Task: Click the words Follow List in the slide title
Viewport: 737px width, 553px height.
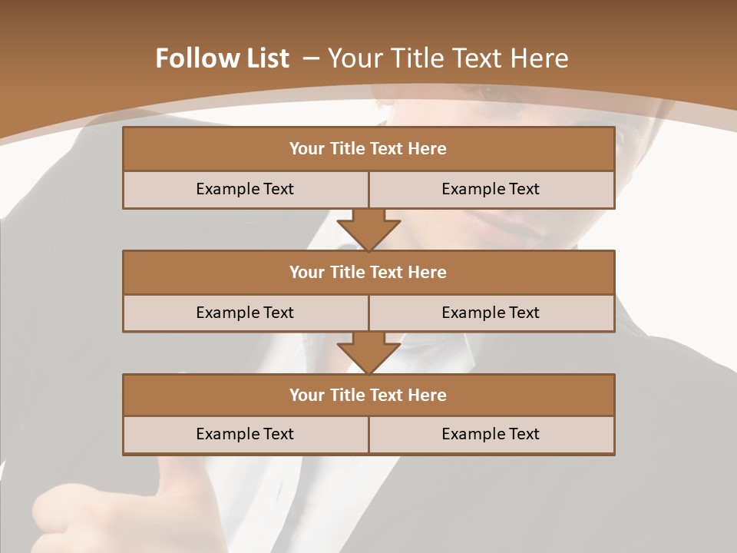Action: (x=223, y=58)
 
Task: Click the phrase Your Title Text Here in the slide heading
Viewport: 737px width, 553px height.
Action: (x=448, y=58)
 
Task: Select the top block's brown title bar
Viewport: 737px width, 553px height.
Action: (x=368, y=149)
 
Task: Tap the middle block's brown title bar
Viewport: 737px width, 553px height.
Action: (x=368, y=272)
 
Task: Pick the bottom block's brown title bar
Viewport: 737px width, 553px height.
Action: (x=368, y=395)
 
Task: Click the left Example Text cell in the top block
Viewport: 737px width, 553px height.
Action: (x=245, y=189)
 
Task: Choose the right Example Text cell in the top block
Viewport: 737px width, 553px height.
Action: (x=491, y=189)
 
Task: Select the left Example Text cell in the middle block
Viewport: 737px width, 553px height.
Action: (x=245, y=313)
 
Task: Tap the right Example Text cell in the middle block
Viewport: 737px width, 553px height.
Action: (x=491, y=313)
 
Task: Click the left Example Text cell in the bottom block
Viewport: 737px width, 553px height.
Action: (x=245, y=434)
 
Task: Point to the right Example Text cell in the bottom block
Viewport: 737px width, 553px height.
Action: (x=491, y=434)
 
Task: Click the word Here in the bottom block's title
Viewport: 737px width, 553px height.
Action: (x=428, y=395)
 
